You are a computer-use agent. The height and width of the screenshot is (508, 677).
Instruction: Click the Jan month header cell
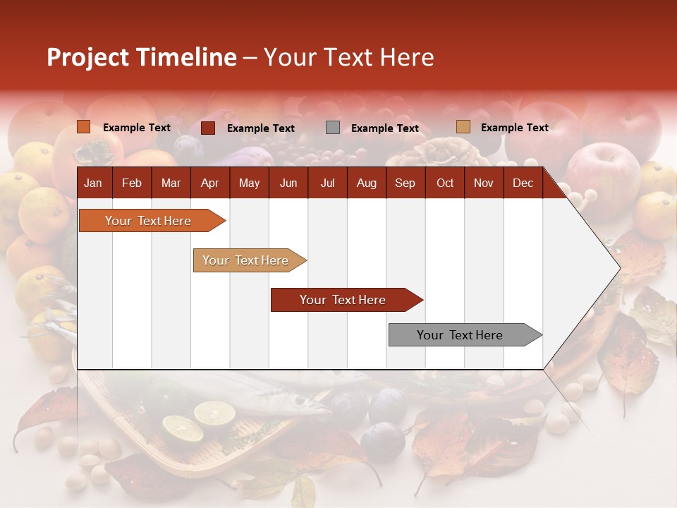[x=93, y=183]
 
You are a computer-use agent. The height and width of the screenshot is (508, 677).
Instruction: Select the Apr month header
[x=209, y=183]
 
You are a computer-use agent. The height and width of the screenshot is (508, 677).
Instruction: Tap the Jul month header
[x=327, y=183]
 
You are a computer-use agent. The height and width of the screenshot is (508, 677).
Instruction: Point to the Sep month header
[x=405, y=183]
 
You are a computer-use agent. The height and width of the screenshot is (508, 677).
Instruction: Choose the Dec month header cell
[x=523, y=183]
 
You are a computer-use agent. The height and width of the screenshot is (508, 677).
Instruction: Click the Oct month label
[x=445, y=183]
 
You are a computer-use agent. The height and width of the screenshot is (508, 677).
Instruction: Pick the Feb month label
[x=132, y=183]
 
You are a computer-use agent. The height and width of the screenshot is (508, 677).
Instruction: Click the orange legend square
[x=84, y=127]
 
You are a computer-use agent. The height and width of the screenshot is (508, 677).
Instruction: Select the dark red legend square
[x=208, y=128]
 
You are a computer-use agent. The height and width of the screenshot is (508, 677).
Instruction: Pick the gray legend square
[x=333, y=128]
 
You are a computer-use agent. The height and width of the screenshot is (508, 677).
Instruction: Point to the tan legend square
[x=463, y=127]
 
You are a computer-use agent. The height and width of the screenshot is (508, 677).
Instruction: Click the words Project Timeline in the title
[x=141, y=57]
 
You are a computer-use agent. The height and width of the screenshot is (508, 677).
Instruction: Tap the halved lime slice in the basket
[x=214, y=413]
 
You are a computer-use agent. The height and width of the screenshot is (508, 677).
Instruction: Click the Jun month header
[x=288, y=183]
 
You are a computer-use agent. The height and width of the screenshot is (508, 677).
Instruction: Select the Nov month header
[x=483, y=183]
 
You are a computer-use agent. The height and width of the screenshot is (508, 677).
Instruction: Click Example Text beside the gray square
[x=384, y=128]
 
